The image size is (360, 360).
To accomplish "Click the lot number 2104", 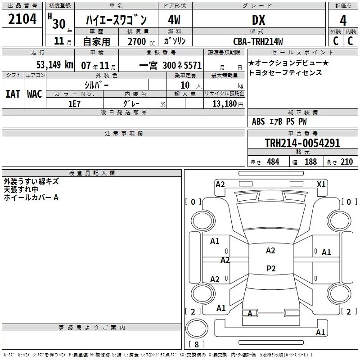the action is tap(22, 19).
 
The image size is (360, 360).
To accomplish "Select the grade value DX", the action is tap(258, 20).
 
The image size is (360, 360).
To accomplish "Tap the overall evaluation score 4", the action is tap(343, 21).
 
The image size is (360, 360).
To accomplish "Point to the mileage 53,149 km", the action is tap(55, 64).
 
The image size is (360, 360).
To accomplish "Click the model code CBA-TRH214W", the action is tap(258, 41).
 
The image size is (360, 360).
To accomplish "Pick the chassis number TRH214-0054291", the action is tap(302, 143).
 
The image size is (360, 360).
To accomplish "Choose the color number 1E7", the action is tap(74, 104).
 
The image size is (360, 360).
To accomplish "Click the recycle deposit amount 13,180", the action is tap(225, 104).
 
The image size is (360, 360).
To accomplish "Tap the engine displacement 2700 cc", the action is tap(141, 41).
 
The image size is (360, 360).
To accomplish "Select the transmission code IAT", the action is tap(13, 94).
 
